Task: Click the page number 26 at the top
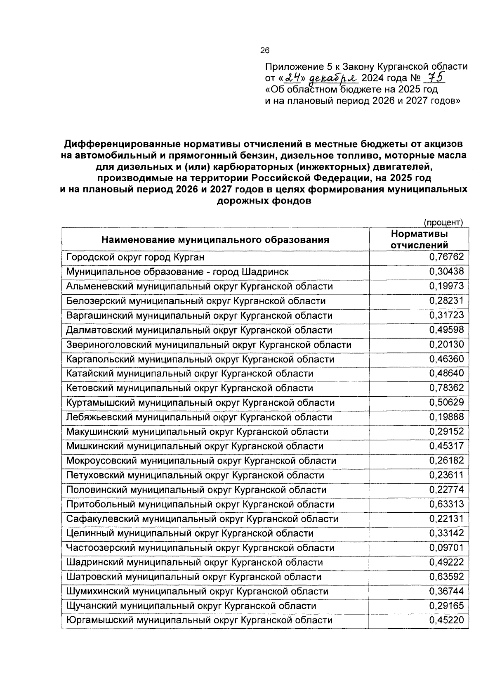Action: (x=264, y=51)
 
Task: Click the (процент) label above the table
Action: (x=444, y=223)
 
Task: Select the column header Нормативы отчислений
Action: (x=419, y=239)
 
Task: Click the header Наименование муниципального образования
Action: (x=215, y=240)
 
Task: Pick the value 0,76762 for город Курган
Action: (x=446, y=257)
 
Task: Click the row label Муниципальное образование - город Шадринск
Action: (x=177, y=272)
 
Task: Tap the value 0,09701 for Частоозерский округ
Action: (x=446, y=548)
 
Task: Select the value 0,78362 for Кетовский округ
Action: (x=446, y=388)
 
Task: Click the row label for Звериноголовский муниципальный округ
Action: (x=209, y=345)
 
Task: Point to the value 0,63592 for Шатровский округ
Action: (x=446, y=577)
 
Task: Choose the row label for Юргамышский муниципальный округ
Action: (x=199, y=620)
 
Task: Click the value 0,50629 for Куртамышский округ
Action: (x=446, y=402)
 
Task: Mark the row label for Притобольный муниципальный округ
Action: (x=200, y=504)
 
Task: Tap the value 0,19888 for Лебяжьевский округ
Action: (x=446, y=417)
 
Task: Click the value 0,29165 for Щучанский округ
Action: (x=446, y=606)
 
